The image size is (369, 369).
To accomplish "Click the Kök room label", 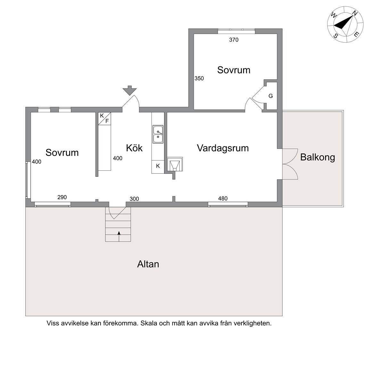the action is tap(134, 148).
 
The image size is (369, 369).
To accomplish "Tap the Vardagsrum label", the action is tap(223, 148).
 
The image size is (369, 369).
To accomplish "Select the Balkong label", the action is tap(317, 157).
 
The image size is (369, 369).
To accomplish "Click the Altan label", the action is tap(148, 264).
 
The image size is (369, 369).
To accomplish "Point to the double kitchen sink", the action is tap(158, 135).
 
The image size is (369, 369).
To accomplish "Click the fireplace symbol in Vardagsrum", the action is tap(175, 164).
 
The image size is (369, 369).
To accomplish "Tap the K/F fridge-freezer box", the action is tap(104, 119).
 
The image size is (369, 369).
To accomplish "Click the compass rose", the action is tap(345, 24).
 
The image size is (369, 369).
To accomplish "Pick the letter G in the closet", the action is tap(271, 96).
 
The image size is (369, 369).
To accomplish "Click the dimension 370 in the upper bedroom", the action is tap(234, 40).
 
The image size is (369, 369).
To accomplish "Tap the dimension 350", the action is tap(199, 78).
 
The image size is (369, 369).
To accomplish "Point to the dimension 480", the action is tap(223, 199).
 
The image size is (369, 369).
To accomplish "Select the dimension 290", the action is tap(62, 197).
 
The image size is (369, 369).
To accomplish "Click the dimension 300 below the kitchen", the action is tap(134, 199).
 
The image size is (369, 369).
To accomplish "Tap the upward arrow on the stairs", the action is tap(119, 236).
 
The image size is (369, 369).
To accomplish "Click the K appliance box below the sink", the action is tap(158, 167).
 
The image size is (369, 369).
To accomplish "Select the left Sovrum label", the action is tap(62, 152).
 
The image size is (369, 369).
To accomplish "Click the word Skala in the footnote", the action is tap(149, 323).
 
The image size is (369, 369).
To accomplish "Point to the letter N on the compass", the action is tap(354, 13).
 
